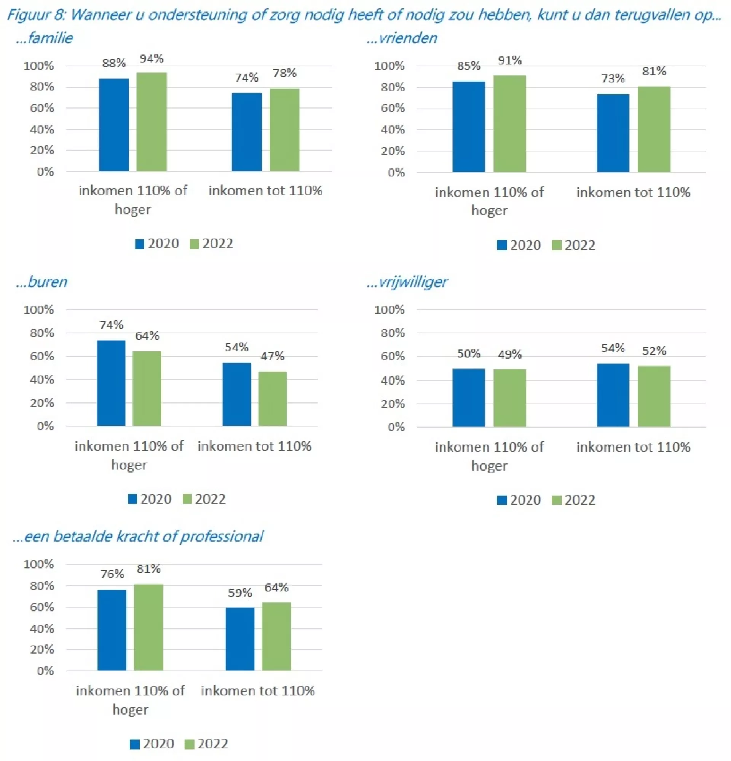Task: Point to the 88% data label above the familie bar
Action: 114,63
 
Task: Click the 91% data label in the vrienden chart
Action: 509,61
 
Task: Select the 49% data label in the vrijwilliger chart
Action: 509,354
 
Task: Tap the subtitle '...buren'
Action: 41,282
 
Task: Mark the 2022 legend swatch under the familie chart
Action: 194,244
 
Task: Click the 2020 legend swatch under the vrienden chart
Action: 502,245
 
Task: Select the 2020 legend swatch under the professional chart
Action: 134,744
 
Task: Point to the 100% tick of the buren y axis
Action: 38,309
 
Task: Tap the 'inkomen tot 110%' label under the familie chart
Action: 265,191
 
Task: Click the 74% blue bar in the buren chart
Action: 111,383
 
